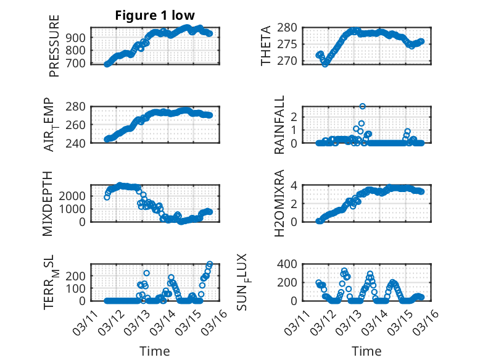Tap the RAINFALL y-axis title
pos(279,125)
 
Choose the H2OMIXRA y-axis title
pos(279,203)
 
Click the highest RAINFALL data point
pos(363,106)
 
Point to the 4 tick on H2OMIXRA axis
pos(295,185)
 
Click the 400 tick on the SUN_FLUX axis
pos(290,264)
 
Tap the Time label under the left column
pos(154,351)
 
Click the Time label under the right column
pos(366,351)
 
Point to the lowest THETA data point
pos(325,64)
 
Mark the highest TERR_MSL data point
pos(210,264)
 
